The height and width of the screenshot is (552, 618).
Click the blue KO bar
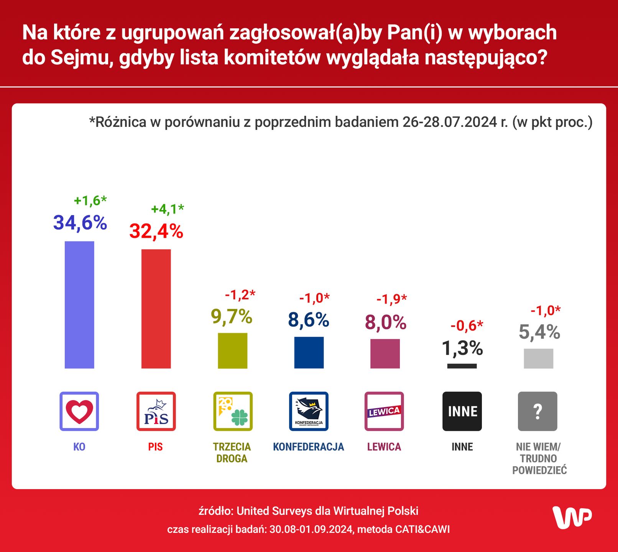click(x=79, y=305)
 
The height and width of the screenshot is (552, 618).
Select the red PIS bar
click(x=156, y=309)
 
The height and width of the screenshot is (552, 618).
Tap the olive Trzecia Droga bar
click(x=232, y=350)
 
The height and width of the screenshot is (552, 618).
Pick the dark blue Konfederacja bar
click(x=309, y=352)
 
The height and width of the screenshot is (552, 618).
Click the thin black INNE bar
click(x=462, y=366)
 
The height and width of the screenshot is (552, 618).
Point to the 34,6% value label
click(x=80, y=223)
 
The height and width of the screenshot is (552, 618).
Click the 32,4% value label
click(x=156, y=231)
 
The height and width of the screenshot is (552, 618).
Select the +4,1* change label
click(x=168, y=209)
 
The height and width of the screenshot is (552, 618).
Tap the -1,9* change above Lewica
click(x=391, y=299)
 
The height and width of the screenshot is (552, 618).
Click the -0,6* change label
click(x=467, y=326)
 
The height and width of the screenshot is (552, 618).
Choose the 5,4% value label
click(x=539, y=332)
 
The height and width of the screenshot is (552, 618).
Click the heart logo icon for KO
click(x=79, y=411)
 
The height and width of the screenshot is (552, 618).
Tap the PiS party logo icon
click(x=156, y=411)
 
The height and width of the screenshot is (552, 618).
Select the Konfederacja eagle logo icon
click(x=309, y=411)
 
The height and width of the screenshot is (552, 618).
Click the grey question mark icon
click(x=537, y=411)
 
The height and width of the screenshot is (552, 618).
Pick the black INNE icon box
click(x=462, y=411)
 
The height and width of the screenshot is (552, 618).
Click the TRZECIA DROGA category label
click(x=232, y=452)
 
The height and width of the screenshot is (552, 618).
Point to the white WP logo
click(x=572, y=517)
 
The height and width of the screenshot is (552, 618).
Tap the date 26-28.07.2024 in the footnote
click(x=449, y=122)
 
